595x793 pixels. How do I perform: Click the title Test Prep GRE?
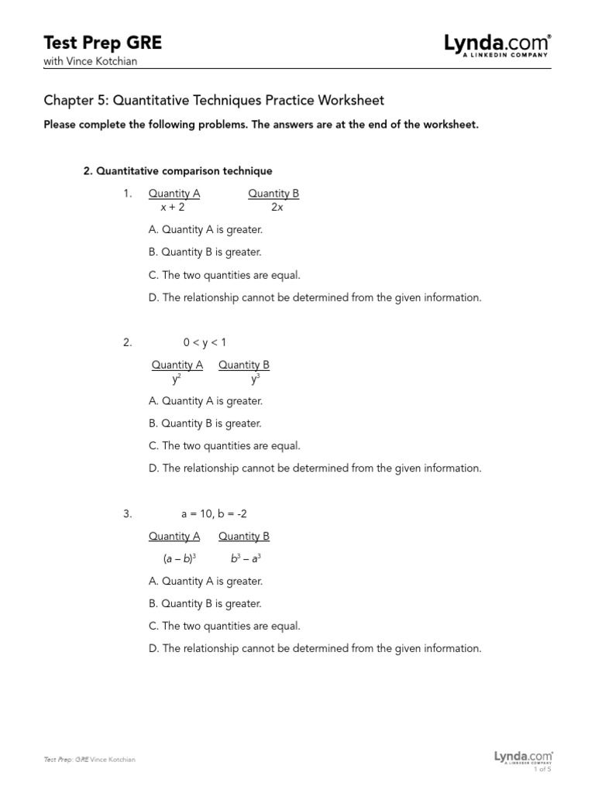(x=103, y=43)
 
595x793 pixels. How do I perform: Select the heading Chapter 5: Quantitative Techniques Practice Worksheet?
(x=214, y=101)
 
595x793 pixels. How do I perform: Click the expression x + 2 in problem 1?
(x=173, y=208)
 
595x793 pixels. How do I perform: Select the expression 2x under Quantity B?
(x=277, y=208)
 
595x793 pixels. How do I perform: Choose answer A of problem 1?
(x=205, y=230)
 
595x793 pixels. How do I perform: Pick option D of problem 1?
(x=315, y=297)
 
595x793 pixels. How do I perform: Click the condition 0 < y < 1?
(x=205, y=342)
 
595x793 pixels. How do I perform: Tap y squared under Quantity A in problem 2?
(x=177, y=379)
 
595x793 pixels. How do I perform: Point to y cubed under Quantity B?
(x=256, y=379)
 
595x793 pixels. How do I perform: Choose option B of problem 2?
(x=205, y=424)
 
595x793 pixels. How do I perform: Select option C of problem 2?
(x=224, y=446)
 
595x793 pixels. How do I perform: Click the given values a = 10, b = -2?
(x=215, y=513)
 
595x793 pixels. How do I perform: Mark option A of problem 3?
(x=205, y=581)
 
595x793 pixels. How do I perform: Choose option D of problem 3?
(x=315, y=648)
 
